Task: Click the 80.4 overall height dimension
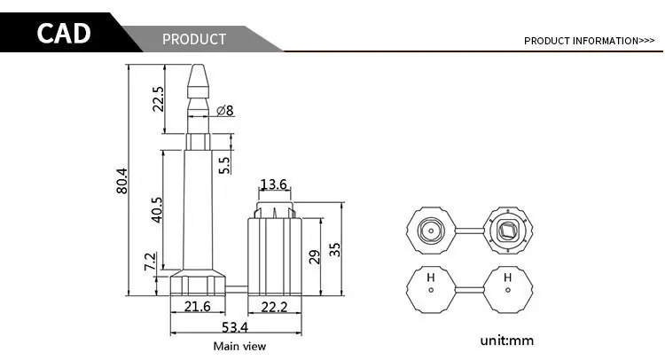[x=121, y=181]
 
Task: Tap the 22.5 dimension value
[x=158, y=99]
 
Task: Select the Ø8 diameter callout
[x=225, y=111]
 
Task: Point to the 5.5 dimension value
[x=224, y=166]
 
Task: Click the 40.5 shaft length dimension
[x=156, y=209]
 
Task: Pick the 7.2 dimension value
[x=150, y=262]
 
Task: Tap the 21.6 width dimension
[x=197, y=306]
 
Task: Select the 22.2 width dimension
[x=274, y=307]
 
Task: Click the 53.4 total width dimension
[x=235, y=327]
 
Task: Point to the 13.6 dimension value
[x=274, y=184]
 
